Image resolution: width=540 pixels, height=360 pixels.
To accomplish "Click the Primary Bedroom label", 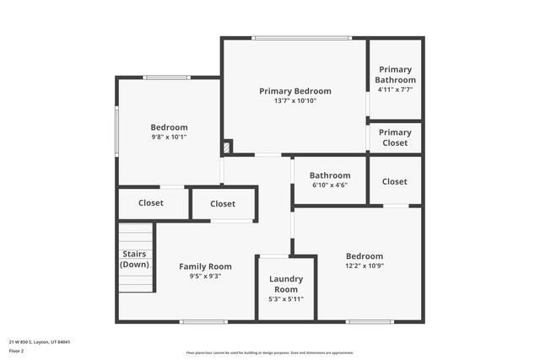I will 294,91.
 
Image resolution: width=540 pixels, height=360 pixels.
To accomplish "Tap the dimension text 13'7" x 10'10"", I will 294,101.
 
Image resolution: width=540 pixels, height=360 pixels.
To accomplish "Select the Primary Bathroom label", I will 395,74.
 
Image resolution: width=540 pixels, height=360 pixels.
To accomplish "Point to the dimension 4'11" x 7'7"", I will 395,89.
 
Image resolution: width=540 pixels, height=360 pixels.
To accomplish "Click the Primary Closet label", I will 395,137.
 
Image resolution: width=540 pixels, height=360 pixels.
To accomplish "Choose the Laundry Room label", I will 285,283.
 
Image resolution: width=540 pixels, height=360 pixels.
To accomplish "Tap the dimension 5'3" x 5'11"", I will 285,298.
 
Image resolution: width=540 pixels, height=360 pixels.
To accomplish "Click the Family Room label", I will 205,266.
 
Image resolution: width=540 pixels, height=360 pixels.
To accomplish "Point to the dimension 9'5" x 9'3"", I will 205,276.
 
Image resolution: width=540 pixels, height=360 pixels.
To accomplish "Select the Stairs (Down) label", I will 135,258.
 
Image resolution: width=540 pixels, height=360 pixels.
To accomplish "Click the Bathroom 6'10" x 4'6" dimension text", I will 329,185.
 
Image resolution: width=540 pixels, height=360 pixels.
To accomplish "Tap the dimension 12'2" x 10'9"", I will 364,266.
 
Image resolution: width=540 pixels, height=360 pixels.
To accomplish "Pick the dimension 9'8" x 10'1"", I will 169,137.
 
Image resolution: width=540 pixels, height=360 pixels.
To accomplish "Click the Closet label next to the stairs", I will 151,202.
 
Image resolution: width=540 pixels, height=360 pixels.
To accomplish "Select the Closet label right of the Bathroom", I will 394,181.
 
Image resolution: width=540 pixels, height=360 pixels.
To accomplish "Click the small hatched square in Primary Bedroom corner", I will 226,148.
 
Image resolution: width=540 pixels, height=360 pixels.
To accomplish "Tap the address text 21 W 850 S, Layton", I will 40,341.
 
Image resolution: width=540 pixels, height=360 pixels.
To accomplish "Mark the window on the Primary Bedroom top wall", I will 301,38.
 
